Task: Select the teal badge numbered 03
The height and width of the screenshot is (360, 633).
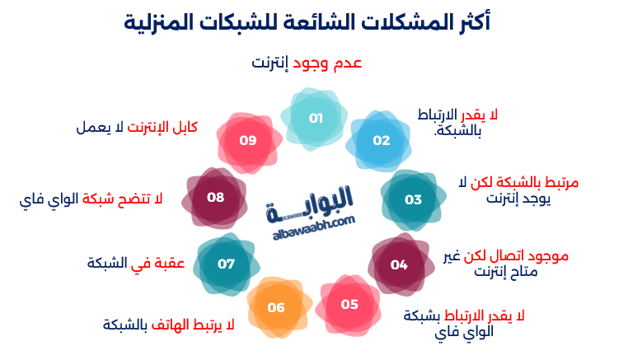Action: click(413, 200)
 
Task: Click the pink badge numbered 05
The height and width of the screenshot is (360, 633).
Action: click(348, 305)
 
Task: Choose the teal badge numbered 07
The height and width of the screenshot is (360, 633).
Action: click(227, 264)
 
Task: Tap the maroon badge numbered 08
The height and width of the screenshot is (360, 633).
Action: click(214, 198)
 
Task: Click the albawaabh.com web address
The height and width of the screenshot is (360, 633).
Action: click(314, 228)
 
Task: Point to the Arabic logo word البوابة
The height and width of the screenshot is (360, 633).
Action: click(310, 203)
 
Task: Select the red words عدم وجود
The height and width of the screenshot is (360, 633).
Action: click(327, 63)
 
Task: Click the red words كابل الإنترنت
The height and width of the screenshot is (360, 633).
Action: click(162, 127)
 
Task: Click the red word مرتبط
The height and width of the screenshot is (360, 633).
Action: click(561, 182)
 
